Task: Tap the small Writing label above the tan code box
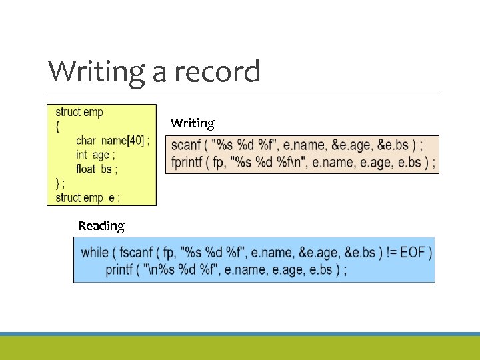(x=193, y=123)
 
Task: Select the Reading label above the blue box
(x=101, y=225)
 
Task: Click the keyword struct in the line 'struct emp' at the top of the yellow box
(x=69, y=112)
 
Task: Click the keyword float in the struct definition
(x=85, y=169)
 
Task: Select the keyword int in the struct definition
(x=81, y=155)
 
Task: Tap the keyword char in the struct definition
(x=86, y=141)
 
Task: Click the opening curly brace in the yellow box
(x=57, y=127)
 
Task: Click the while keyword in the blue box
(x=95, y=253)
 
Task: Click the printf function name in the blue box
(x=120, y=269)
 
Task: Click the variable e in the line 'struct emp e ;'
(x=109, y=197)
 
